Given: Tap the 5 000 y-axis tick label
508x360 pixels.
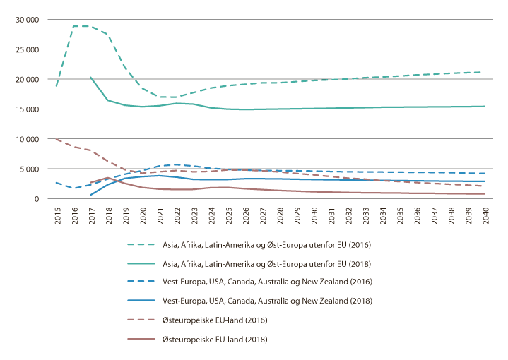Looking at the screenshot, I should (30, 169).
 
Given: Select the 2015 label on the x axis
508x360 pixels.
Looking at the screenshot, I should (57, 215).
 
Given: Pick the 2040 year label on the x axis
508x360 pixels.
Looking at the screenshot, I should (486, 215).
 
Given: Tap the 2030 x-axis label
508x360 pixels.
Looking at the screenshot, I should (314, 215).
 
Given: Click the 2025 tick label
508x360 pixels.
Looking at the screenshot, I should (228, 215).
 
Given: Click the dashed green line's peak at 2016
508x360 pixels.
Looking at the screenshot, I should (73, 26).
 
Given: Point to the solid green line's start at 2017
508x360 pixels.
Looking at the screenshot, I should (90, 77).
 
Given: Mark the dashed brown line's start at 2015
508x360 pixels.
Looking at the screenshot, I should (57, 139).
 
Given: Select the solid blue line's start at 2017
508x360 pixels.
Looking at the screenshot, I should (90, 195).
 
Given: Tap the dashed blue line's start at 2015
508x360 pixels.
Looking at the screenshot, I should (57, 183).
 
